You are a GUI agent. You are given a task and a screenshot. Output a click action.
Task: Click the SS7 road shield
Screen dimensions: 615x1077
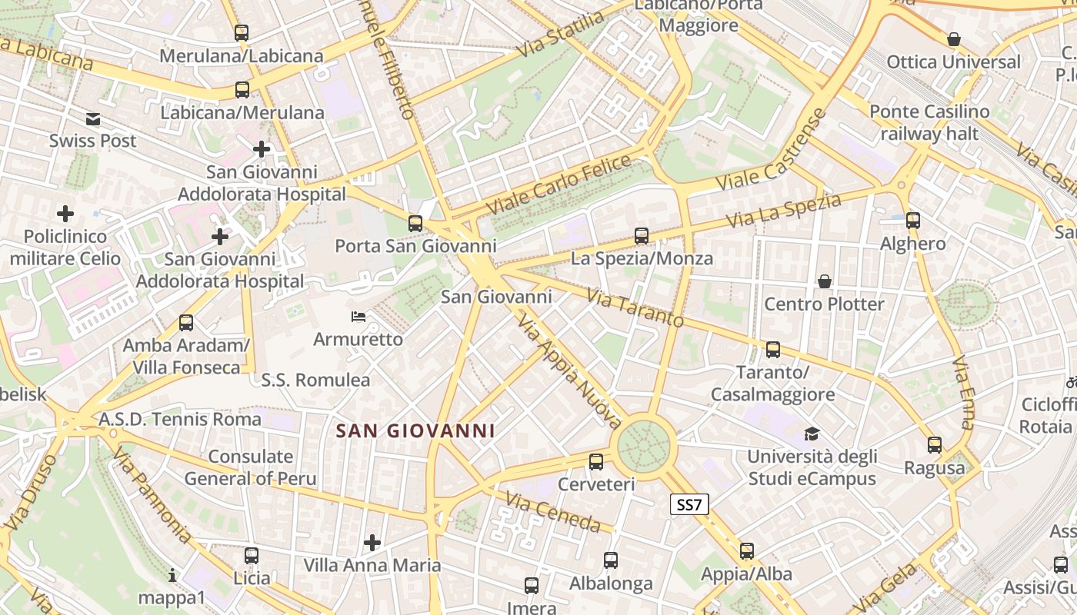click(689, 504)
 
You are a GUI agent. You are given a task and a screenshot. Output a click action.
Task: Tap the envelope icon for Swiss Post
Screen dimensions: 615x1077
click(93, 119)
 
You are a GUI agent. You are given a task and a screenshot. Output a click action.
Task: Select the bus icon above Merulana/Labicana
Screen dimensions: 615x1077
click(242, 33)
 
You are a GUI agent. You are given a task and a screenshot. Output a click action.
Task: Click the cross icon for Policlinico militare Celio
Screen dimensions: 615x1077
click(65, 213)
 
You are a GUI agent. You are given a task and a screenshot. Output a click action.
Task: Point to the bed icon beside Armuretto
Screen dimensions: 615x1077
click(358, 317)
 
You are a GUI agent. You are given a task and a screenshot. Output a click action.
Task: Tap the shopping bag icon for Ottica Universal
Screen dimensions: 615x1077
click(954, 39)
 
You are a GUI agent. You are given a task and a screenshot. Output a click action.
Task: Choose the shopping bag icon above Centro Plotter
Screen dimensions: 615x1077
click(825, 281)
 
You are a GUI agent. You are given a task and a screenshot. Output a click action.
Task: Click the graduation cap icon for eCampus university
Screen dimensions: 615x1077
click(812, 434)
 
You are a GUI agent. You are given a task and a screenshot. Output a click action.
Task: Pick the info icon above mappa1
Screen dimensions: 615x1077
click(172, 575)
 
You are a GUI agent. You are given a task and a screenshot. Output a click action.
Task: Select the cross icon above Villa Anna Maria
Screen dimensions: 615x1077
click(372, 543)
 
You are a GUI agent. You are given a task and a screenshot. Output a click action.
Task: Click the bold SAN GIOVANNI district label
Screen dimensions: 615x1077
click(415, 430)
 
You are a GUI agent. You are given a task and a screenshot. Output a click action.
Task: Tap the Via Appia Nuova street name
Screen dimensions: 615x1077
click(570, 371)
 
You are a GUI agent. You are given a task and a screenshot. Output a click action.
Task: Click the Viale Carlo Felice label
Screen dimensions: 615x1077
click(559, 185)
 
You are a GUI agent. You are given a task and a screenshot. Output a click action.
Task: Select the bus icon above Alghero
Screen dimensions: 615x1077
click(913, 221)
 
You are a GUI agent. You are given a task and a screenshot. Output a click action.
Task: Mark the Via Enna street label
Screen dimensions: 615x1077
click(964, 392)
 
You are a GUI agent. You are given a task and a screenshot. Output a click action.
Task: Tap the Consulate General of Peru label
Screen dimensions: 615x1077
click(251, 467)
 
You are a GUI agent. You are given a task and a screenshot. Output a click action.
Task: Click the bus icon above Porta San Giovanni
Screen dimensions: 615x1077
click(415, 224)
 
